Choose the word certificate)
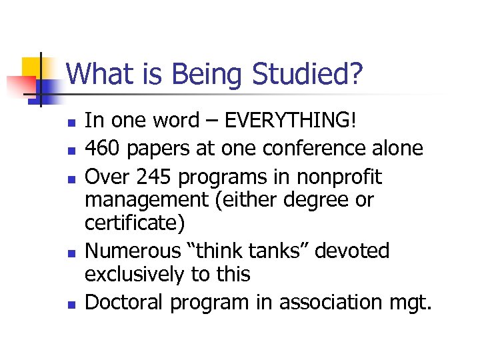point(135,222)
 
